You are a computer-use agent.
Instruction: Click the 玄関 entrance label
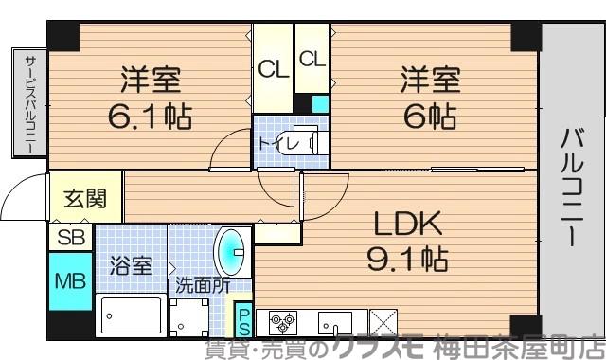point(86,199)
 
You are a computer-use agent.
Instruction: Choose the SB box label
point(70,237)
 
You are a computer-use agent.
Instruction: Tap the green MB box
point(70,281)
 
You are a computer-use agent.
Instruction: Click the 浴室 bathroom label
point(130,265)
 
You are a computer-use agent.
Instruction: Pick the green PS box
point(243,319)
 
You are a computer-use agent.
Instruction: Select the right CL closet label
point(312,59)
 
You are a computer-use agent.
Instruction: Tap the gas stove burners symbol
point(281,320)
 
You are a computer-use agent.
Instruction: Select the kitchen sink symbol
point(335,320)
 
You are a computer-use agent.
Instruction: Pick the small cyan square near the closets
point(321,102)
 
